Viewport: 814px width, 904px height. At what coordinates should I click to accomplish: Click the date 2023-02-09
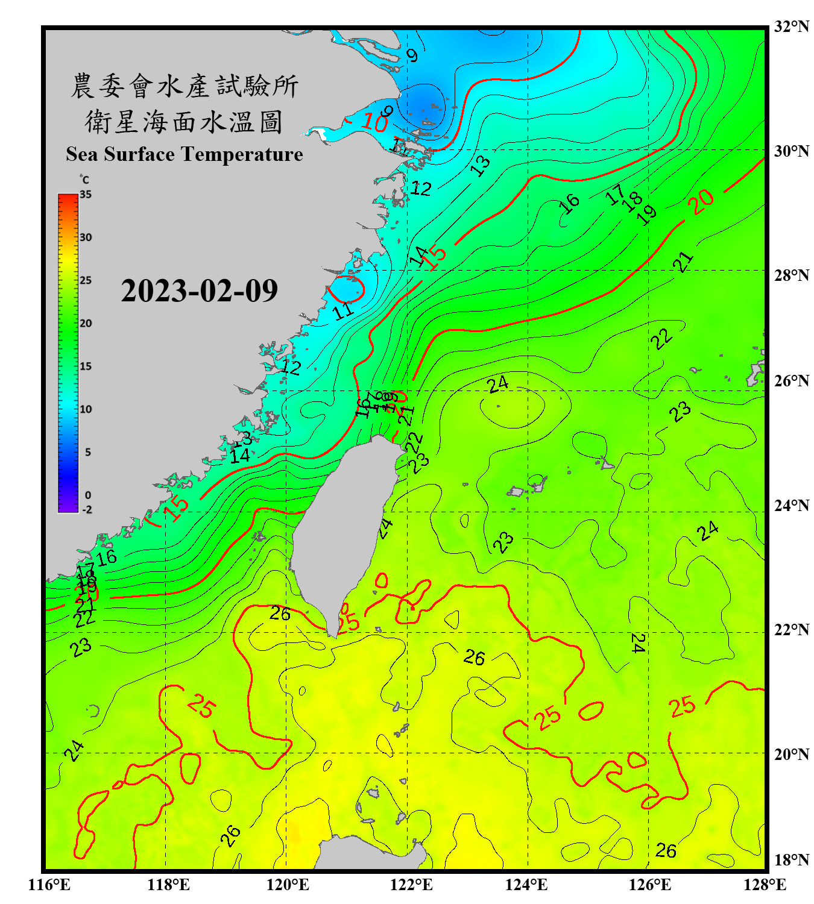[199, 291]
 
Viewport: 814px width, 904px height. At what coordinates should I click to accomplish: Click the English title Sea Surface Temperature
[185, 154]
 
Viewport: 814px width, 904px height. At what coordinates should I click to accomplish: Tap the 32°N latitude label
[791, 27]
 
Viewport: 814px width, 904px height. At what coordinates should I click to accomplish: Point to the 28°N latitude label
[791, 275]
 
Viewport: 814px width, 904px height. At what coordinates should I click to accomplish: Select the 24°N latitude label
[791, 506]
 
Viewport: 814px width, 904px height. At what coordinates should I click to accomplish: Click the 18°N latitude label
[791, 860]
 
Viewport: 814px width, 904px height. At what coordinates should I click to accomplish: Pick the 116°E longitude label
[49, 885]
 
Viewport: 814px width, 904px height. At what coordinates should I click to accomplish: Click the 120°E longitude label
[288, 885]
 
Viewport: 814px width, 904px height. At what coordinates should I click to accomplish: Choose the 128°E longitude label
[765, 885]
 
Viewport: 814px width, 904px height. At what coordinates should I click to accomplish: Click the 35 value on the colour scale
[86, 195]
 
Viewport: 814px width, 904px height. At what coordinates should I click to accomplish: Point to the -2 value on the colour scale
[87, 509]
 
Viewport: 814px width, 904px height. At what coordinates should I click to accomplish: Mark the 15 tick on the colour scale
[86, 366]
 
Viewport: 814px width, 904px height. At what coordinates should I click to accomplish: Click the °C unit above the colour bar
[84, 180]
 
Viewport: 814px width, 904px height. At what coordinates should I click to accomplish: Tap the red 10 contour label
[375, 123]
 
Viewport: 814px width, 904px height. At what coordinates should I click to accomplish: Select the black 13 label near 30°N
[481, 165]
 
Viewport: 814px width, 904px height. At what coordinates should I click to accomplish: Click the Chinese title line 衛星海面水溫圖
[184, 122]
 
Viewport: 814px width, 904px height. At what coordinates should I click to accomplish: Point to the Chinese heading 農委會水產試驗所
[185, 86]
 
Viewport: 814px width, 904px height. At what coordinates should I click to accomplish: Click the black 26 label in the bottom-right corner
[666, 850]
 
